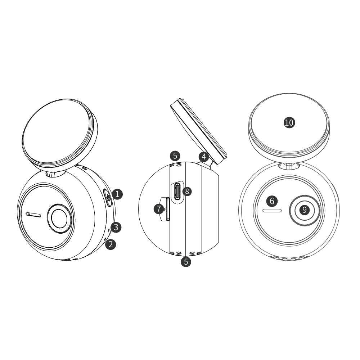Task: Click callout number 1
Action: click(117, 194)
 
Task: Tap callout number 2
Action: click(111, 244)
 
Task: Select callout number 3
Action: click(116, 227)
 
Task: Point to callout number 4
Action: click(204, 157)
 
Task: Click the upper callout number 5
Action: click(175, 156)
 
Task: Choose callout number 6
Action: click(272, 201)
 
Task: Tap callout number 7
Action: click(159, 209)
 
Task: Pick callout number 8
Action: click(187, 191)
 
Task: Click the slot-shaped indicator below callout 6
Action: click(272, 211)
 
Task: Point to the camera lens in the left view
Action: click(59, 219)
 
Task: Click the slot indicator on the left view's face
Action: click(33, 215)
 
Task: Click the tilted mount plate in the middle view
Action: click(199, 132)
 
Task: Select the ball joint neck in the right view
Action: click(289, 166)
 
